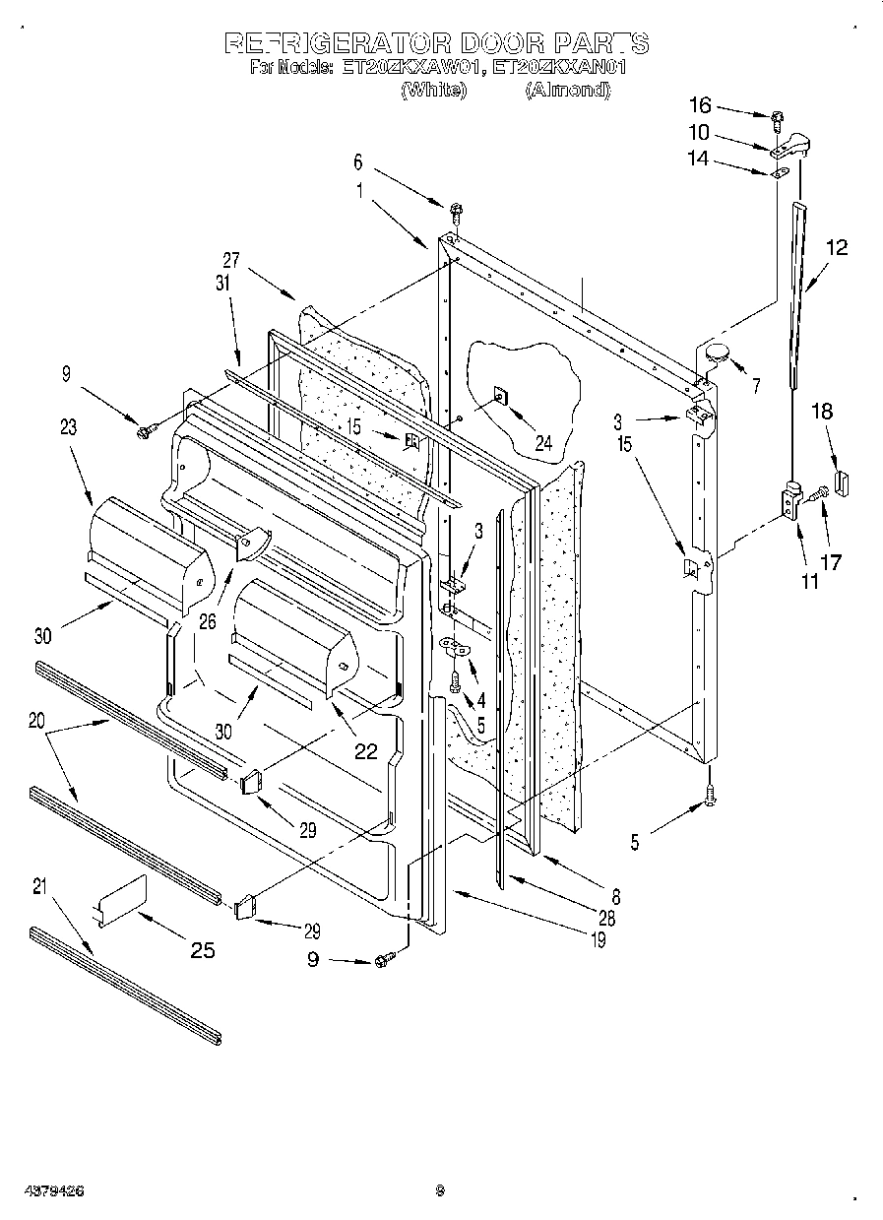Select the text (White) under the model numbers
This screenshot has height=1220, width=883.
pyautogui.click(x=432, y=90)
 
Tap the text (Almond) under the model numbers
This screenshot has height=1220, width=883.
pyautogui.click(x=567, y=90)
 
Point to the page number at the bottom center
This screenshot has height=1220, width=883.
pyautogui.click(x=441, y=1190)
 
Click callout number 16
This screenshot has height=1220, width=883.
pyautogui.click(x=699, y=105)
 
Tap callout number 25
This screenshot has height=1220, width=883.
pyautogui.click(x=202, y=950)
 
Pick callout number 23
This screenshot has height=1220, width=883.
pyautogui.click(x=68, y=427)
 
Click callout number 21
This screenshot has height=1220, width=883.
pyautogui.click(x=39, y=886)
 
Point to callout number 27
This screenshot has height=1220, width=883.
pyautogui.click(x=230, y=261)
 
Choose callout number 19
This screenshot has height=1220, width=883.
pyautogui.click(x=598, y=941)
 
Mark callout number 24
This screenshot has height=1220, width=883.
pyautogui.click(x=542, y=442)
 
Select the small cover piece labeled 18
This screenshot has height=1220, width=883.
pyautogui.click(x=841, y=482)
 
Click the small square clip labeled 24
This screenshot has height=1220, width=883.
pyautogui.click(x=499, y=397)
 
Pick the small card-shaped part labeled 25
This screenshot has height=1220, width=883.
pyautogui.click(x=122, y=900)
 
